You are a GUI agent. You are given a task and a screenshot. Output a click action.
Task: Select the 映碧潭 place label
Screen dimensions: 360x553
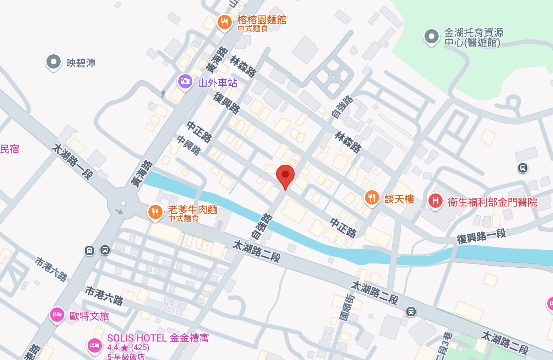81,63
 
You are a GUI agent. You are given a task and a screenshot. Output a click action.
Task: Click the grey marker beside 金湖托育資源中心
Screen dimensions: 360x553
432,37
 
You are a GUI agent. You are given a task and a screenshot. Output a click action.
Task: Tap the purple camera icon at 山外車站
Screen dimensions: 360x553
185,81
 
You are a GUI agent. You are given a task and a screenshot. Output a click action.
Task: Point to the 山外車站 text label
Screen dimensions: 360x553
217,83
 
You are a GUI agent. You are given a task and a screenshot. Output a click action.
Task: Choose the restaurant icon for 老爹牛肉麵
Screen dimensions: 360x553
155,212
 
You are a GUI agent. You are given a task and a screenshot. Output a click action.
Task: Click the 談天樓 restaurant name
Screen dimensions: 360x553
399,199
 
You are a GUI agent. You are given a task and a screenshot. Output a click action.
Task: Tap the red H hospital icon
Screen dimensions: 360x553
436,201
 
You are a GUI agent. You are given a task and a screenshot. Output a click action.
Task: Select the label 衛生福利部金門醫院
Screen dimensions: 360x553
493,202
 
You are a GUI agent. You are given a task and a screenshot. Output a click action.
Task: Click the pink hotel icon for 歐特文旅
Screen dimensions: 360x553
57,315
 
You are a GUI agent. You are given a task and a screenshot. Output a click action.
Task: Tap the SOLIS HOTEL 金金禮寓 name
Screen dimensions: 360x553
158,338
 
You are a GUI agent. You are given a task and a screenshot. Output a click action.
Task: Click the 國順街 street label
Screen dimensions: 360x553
346,307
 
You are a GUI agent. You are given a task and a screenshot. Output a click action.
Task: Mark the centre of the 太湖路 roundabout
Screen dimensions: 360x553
123,203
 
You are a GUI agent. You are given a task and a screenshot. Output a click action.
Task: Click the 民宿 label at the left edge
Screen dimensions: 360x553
10,149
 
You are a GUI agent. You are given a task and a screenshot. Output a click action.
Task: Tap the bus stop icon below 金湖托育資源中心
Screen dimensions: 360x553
522,168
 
